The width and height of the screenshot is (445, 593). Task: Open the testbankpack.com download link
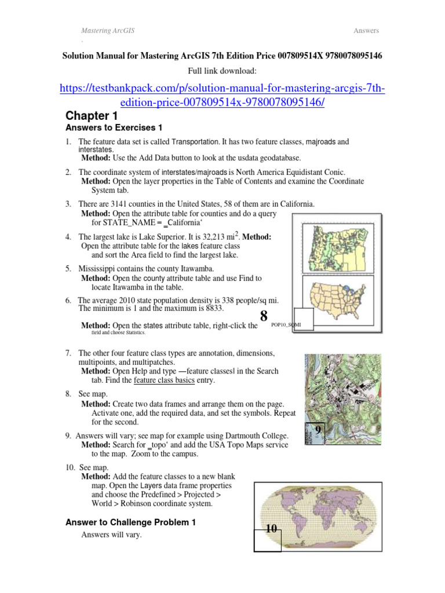[x=222, y=95]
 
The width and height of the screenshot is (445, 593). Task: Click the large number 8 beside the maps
[x=264, y=316]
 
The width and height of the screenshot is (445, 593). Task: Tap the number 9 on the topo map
[x=317, y=429]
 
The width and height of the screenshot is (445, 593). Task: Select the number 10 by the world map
[x=268, y=529]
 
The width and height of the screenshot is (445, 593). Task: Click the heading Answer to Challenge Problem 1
[x=131, y=522]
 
